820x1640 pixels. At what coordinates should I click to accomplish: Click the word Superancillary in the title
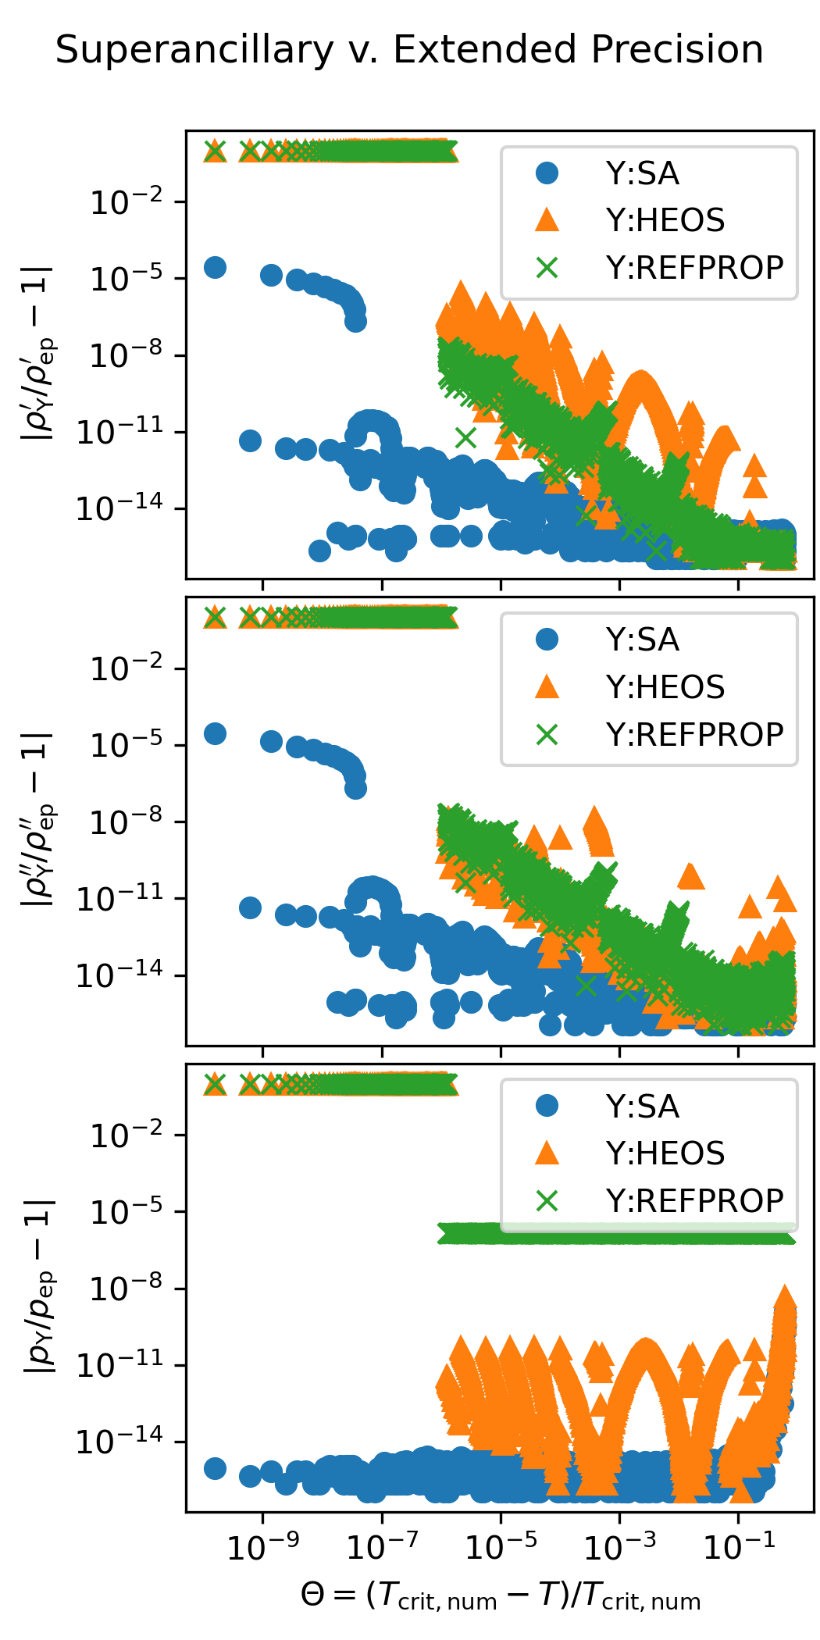(x=194, y=51)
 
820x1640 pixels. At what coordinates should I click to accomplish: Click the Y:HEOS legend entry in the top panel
(x=665, y=220)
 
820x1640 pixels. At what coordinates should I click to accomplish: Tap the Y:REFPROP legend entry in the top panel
(x=694, y=268)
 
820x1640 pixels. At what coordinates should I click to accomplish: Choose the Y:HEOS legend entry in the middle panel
(x=665, y=687)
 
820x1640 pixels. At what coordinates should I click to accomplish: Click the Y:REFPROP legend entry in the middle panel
(x=694, y=735)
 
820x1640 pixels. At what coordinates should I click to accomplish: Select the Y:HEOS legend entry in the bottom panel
(x=665, y=1153)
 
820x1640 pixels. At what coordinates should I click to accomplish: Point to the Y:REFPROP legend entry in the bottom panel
(x=694, y=1201)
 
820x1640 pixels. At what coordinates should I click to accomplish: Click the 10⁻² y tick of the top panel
(x=127, y=203)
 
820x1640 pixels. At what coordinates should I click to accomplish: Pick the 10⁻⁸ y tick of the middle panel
(x=127, y=822)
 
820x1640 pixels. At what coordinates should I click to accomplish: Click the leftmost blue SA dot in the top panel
(x=215, y=268)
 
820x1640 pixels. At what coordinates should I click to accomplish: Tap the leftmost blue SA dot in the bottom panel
(x=215, y=1468)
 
